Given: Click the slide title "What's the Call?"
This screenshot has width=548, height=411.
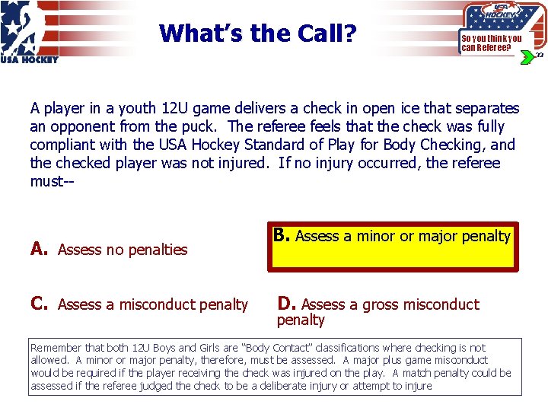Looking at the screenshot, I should (258, 33).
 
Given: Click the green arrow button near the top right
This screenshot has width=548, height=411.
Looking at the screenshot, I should (526, 57).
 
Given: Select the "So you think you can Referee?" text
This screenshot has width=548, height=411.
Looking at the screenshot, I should (491, 43).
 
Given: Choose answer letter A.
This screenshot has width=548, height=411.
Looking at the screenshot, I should (38, 249).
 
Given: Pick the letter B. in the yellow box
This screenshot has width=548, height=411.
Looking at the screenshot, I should (282, 236).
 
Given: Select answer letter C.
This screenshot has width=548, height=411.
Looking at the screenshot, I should (39, 304).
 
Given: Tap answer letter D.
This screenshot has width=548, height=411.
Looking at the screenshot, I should (286, 304).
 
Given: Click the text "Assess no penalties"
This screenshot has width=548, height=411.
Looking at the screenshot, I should (123, 250).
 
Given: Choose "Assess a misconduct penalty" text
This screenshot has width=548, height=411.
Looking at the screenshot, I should (153, 305).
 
